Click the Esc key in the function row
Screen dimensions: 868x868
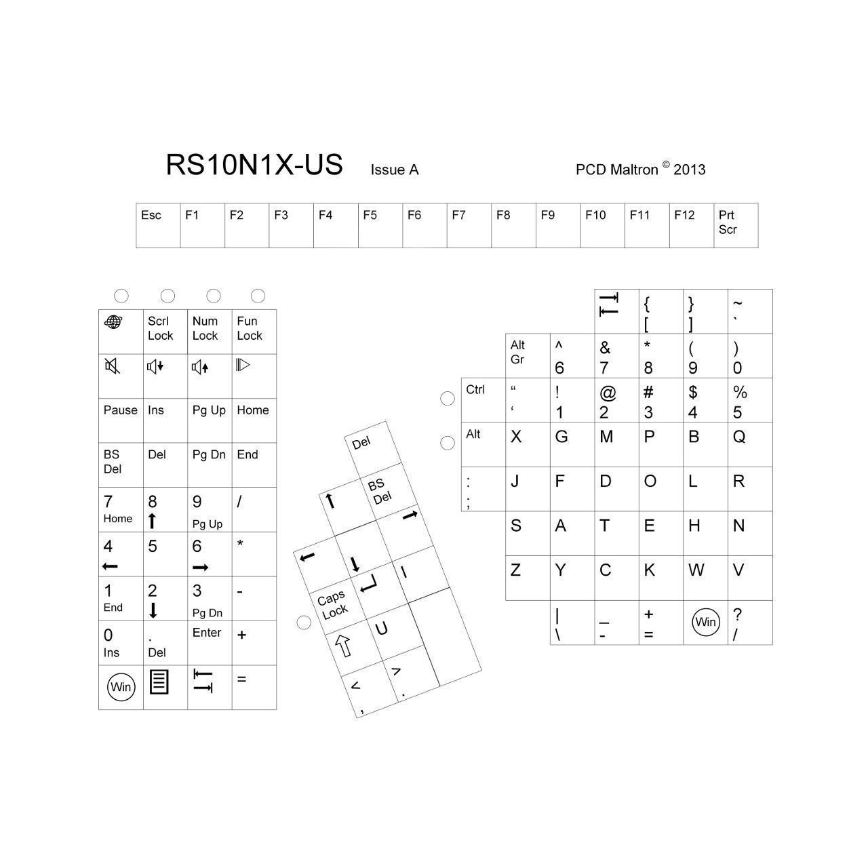tap(158, 225)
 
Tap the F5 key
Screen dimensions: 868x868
tap(380, 225)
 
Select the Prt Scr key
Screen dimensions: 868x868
tap(736, 225)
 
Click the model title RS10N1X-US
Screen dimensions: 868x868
tap(254, 165)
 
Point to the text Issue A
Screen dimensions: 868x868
tap(394, 170)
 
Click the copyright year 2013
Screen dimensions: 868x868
tap(689, 170)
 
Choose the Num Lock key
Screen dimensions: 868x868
tap(210, 332)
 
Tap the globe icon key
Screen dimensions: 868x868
tap(121, 332)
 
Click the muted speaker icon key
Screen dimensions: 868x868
tap(121, 376)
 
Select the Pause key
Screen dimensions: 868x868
tap(121, 420)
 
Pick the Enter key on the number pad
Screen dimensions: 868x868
tap(210, 642)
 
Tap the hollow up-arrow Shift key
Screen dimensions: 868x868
tap(349, 648)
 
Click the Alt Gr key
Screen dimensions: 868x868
tap(528, 355)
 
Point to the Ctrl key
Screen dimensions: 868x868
tap(484, 400)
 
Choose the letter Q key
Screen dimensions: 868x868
tap(750, 444)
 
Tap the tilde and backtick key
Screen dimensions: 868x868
tap(750, 311)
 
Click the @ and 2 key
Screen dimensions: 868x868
tap(616, 400)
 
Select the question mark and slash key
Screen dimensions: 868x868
tap(750, 622)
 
